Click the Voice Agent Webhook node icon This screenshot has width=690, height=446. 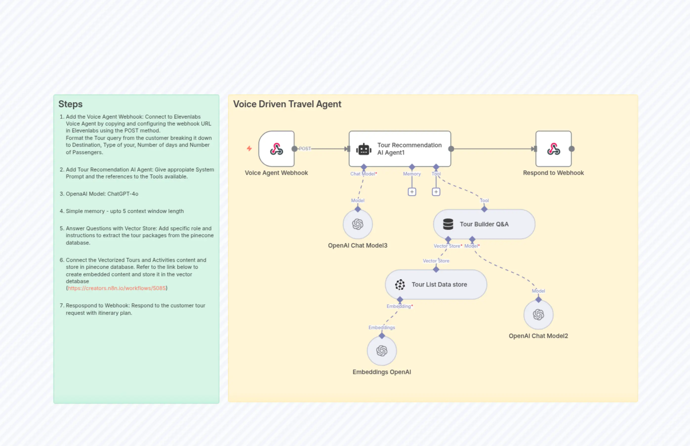276,149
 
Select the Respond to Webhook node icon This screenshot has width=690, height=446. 553,149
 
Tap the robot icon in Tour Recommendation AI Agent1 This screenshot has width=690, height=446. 364,149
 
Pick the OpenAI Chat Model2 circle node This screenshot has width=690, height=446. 538,315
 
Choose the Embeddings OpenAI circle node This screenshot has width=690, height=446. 382,351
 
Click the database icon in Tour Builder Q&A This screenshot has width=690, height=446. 448,224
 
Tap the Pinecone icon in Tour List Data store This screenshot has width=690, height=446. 400,284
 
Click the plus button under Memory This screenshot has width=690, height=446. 412,192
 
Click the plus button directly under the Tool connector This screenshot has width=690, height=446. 436,192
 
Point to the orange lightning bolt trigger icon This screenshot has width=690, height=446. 249,149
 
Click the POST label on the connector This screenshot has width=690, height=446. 305,149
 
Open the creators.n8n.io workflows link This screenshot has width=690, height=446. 117,288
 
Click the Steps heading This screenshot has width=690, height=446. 70,104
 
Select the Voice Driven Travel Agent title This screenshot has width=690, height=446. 287,104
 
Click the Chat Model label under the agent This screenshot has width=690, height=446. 363,174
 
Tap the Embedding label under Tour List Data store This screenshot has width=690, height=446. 399,306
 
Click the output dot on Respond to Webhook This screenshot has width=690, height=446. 572,149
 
